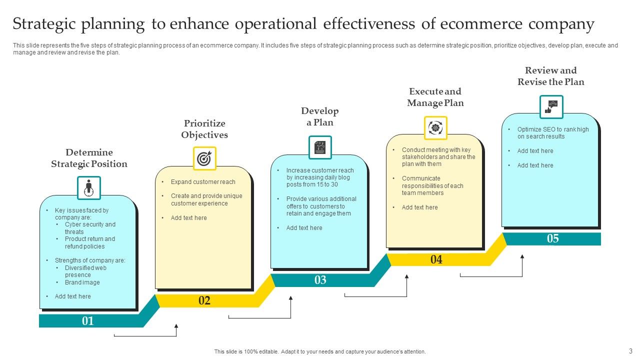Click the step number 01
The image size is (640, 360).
pos(88,321)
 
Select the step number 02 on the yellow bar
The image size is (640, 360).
pos(204,300)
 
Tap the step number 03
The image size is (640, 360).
pos(320,280)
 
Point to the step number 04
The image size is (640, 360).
pos(436,259)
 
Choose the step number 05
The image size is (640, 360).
pos(552,238)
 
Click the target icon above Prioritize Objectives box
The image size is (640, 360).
pos(204,158)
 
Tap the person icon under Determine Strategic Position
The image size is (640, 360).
pos(89,188)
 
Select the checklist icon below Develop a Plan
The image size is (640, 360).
pos(320,147)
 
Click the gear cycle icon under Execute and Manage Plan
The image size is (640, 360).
pos(435,128)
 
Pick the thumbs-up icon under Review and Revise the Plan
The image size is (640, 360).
pos(551,107)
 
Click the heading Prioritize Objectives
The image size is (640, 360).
pos(204,129)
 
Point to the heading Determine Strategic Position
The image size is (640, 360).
pos(89,158)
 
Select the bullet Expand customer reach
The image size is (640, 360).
pos(203,182)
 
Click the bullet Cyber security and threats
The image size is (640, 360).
pos(90,228)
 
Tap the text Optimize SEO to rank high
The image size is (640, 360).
pos(553,129)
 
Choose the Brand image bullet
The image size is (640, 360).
pos(82,282)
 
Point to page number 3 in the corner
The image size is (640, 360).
pos(630,351)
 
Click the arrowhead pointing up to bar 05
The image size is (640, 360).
pos(522,256)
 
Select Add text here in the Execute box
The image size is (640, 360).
pos(419,207)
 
